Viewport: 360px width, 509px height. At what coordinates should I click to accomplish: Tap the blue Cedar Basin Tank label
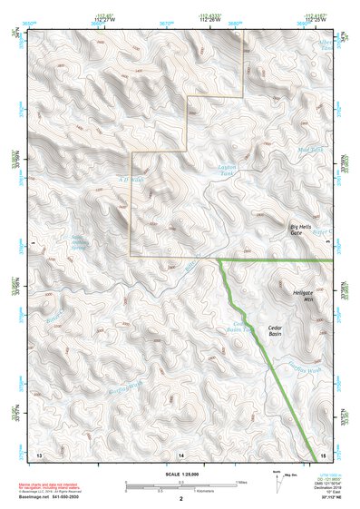coord(238,328)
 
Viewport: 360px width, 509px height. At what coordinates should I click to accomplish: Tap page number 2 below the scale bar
coord(181,499)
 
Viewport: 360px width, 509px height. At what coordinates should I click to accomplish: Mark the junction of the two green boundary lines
coord(219,260)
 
